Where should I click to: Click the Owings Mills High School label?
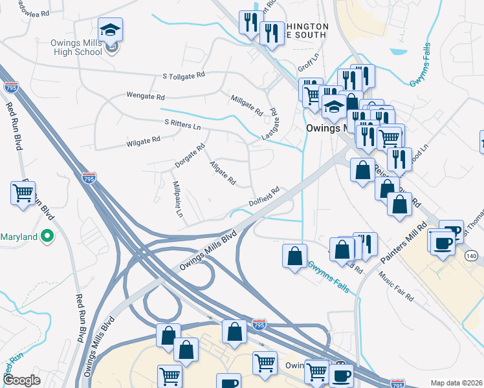tap(76, 47)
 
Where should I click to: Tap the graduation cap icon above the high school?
tap(111, 30)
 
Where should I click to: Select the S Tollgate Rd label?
tap(185, 76)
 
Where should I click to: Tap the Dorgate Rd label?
tap(190, 155)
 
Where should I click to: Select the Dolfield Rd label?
tap(264, 197)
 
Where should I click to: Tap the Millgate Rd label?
tap(247, 105)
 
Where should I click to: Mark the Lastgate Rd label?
tap(270, 121)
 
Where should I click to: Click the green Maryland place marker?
tap(46, 237)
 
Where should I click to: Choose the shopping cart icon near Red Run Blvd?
tap(23, 193)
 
